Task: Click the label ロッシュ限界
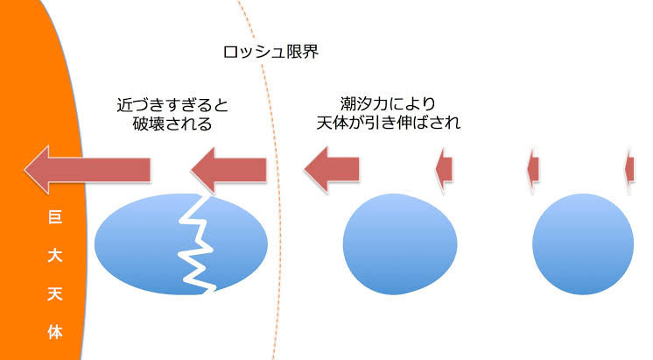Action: pos(269,52)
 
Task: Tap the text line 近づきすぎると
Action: pos(172,104)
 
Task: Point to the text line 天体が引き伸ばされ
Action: pos(388,124)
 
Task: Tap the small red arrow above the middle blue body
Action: pos(444,168)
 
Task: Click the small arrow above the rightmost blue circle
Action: pos(532,168)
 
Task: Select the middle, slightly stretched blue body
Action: pos(400,245)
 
